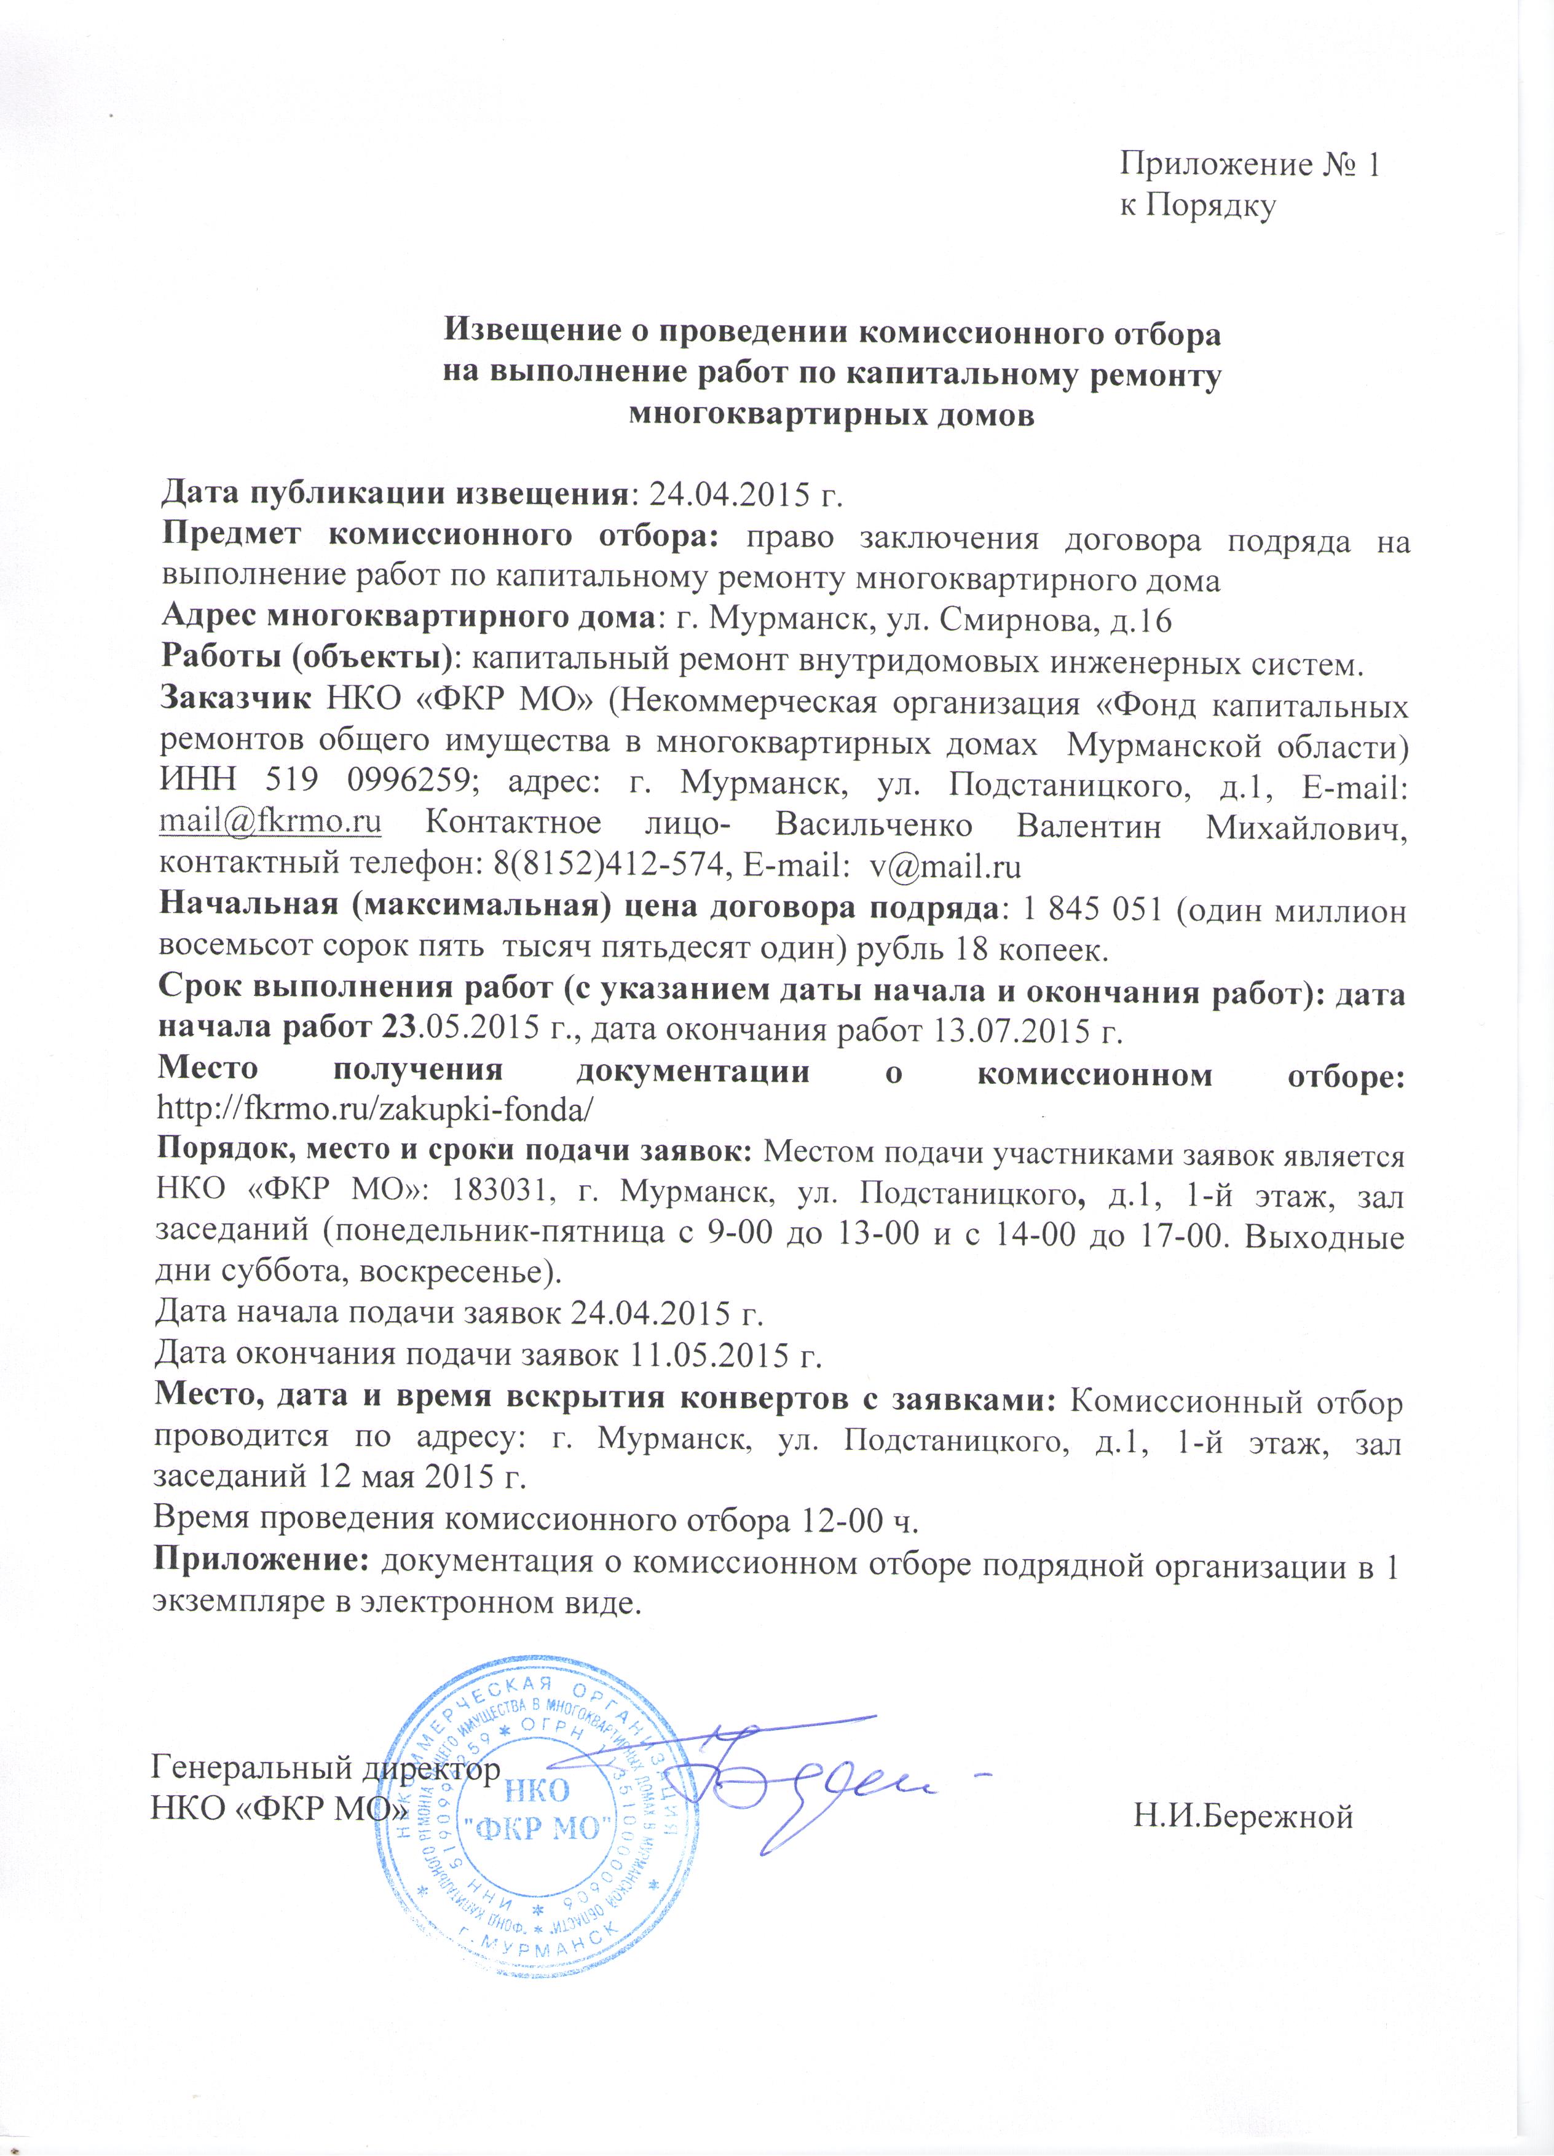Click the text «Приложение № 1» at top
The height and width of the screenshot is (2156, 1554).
point(1249,165)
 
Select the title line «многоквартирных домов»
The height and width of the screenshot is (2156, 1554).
point(832,416)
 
